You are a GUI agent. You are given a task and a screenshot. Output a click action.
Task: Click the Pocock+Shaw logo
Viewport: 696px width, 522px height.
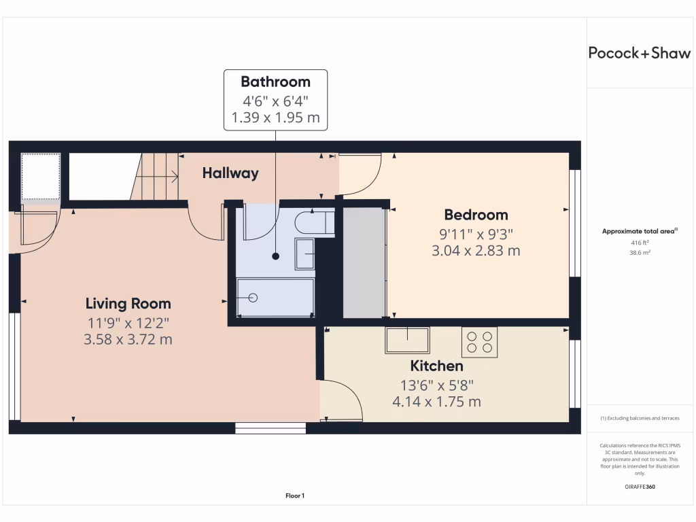pyautogui.click(x=639, y=54)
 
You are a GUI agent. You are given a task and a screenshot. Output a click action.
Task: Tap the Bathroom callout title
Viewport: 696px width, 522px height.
pyautogui.click(x=275, y=82)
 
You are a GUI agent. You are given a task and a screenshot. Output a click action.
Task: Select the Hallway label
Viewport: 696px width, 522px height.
pyautogui.click(x=230, y=173)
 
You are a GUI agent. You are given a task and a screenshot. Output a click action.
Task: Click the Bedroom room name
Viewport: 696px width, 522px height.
pyautogui.click(x=476, y=215)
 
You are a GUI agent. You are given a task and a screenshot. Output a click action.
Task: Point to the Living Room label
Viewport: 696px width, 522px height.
pyautogui.click(x=128, y=304)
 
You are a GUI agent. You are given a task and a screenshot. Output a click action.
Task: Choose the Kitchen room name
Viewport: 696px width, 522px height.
pyautogui.click(x=436, y=366)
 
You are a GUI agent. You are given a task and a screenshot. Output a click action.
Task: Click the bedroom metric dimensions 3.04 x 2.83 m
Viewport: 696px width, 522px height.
pyautogui.click(x=476, y=251)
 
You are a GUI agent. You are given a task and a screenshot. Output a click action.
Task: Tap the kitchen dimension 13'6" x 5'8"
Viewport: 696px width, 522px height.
pyautogui.click(x=436, y=385)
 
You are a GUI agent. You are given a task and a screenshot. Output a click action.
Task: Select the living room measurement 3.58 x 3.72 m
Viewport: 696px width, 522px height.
pyautogui.click(x=128, y=339)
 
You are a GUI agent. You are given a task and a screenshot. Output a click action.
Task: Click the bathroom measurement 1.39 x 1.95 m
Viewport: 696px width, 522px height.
pyautogui.click(x=275, y=118)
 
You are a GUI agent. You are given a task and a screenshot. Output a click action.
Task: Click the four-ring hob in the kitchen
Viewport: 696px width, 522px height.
pyautogui.click(x=479, y=342)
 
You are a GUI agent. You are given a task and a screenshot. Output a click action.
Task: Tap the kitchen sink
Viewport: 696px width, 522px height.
pyautogui.click(x=407, y=340)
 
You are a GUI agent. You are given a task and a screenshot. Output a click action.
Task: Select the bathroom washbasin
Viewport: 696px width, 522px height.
pyautogui.click(x=304, y=254)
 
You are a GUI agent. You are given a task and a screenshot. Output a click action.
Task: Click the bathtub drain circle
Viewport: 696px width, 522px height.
pyautogui.click(x=254, y=298)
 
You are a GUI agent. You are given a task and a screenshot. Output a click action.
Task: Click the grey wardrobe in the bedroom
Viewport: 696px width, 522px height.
pyautogui.click(x=364, y=262)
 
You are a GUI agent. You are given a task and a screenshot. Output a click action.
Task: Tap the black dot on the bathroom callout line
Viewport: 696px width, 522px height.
pyautogui.click(x=275, y=256)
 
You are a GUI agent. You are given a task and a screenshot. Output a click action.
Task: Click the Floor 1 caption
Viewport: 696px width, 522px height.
pyautogui.click(x=295, y=496)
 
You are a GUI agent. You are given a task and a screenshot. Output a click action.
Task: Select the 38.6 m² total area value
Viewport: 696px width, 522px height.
pyautogui.click(x=639, y=251)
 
